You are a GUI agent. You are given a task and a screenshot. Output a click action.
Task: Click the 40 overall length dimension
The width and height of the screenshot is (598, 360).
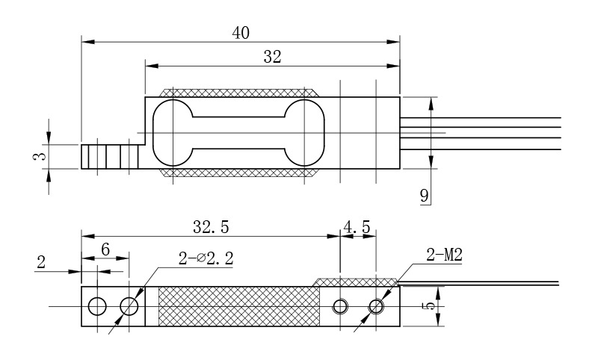click(240, 33)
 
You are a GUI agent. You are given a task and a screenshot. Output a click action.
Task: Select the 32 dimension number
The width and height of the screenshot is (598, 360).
click(273, 56)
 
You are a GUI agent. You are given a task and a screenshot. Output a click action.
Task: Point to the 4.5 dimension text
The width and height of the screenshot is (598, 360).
click(357, 226)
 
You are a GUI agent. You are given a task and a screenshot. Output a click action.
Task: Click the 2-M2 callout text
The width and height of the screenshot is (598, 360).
click(444, 256)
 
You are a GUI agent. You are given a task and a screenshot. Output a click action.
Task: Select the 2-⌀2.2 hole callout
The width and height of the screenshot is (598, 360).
click(206, 259)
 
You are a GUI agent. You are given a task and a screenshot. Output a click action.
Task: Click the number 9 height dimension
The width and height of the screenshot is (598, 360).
click(424, 196)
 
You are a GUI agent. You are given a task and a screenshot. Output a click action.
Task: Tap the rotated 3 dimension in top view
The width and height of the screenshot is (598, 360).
click(41, 156)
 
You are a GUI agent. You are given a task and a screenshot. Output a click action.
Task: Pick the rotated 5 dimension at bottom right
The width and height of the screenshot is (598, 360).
click(427, 306)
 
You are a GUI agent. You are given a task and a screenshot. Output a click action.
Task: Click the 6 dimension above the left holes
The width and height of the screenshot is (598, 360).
click(105, 250)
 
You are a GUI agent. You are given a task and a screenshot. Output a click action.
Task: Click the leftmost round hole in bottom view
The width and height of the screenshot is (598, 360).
click(97, 306)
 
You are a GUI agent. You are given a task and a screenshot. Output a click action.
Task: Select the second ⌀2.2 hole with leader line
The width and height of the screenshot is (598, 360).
click(129, 306)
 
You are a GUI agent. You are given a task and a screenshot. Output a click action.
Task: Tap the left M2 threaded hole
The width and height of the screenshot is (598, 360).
click(341, 306)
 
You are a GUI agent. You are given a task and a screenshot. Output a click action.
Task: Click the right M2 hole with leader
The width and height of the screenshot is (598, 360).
click(376, 306)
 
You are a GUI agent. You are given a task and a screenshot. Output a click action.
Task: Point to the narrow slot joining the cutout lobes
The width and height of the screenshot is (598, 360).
click(239, 133)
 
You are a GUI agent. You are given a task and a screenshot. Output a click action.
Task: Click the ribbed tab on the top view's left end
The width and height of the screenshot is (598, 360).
click(109, 156)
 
